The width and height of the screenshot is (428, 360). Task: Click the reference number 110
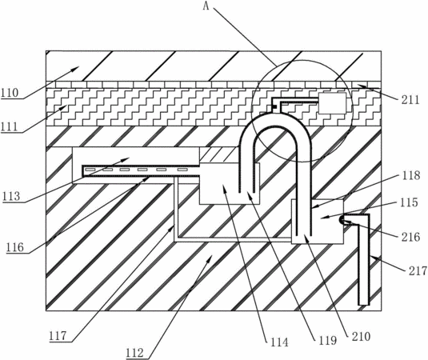click(10, 93)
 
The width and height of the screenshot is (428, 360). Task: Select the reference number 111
click(10, 127)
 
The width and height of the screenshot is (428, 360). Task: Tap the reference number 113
click(12, 197)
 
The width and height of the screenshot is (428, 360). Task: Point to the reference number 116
click(15, 247)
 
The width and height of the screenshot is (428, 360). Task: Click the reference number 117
click(58, 336)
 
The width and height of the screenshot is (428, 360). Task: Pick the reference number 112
click(135, 353)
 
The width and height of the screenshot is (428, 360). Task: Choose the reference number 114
click(279, 342)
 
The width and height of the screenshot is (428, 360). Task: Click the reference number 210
click(361, 337)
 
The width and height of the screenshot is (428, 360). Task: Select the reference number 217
click(418, 271)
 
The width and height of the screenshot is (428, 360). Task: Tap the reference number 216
click(411, 237)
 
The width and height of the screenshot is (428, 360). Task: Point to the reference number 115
click(409, 202)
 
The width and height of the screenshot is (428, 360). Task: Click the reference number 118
click(411, 175)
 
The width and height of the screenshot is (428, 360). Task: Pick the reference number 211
click(410, 100)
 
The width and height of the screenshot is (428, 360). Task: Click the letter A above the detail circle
click(206, 6)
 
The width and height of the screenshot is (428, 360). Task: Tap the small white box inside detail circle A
click(332, 103)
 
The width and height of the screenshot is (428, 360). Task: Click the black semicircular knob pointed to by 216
click(342, 220)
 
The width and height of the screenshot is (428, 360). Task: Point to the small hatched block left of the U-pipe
click(219, 154)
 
